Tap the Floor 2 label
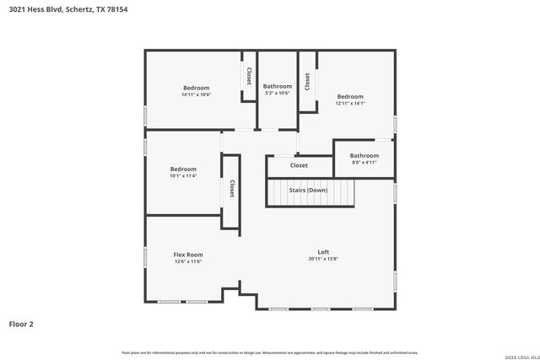click(x=21, y=323)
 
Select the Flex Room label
click(x=188, y=255)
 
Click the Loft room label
click(x=323, y=252)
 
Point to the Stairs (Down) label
click(x=309, y=191)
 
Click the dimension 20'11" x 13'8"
click(x=323, y=259)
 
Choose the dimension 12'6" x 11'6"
click(x=188, y=261)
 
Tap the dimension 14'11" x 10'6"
click(x=196, y=94)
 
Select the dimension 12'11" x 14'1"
click(x=350, y=104)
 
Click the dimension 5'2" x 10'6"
click(x=277, y=93)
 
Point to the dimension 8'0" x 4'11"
click(x=364, y=162)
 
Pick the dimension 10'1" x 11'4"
click(x=183, y=176)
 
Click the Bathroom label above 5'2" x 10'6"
click(x=277, y=86)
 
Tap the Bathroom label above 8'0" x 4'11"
click(x=364, y=155)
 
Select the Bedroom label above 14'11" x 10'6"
click(x=196, y=88)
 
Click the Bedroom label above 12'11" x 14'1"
click(x=350, y=97)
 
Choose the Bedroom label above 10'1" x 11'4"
click(x=183, y=169)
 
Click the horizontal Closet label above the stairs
click(x=299, y=165)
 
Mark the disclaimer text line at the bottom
click(x=269, y=352)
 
